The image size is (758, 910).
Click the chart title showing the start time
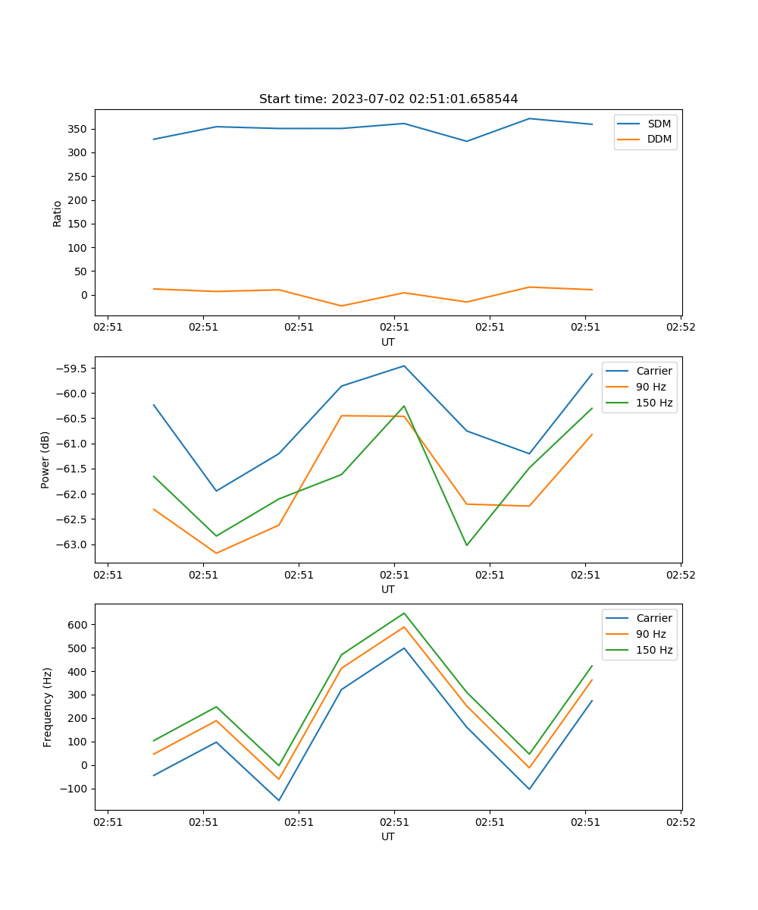[388, 99]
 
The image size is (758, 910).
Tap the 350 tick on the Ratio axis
[77, 129]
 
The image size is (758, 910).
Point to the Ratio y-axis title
[57, 213]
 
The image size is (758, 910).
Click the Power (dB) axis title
[45, 460]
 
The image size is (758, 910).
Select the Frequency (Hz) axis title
[47, 707]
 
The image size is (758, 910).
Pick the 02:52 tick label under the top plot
[680, 328]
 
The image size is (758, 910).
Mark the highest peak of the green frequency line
[404, 613]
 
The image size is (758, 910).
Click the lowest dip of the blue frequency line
[278, 800]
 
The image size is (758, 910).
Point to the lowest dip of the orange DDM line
[341, 306]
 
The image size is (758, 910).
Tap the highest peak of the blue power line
[404, 366]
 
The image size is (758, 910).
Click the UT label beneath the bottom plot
[388, 836]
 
